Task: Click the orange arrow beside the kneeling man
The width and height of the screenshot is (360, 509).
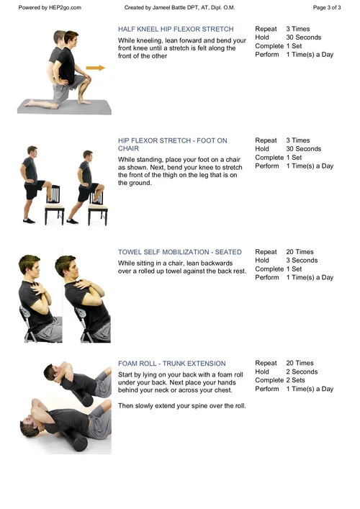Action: [x=96, y=68]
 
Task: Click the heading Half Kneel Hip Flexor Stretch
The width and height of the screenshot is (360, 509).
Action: [x=176, y=30]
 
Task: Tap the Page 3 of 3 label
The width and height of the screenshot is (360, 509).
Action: [x=327, y=7]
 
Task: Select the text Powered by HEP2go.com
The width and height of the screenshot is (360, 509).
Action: [x=50, y=7]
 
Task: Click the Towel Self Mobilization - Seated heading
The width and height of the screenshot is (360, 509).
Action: [x=180, y=252]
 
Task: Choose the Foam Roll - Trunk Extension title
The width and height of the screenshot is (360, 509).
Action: [x=172, y=364]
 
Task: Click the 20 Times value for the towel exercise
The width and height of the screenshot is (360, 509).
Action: [x=300, y=252]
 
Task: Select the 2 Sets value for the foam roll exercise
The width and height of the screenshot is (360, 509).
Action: [x=295, y=380]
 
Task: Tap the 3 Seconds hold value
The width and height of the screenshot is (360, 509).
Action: [x=302, y=261]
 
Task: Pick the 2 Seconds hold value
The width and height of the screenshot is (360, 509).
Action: [x=302, y=371]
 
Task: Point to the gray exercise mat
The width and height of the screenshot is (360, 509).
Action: [x=64, y=107]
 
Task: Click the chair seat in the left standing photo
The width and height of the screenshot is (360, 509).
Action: [x=54, y=206]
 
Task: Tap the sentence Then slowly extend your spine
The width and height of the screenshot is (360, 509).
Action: [x=181, y=406]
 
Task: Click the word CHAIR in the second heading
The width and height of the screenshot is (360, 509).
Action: [x=129, y=148]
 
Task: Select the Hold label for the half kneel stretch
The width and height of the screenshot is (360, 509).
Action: [x=262, y=37]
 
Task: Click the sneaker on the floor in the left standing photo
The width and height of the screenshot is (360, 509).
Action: [x=29, y=221]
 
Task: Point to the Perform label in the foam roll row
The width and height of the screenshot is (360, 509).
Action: [x=267, y=389]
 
